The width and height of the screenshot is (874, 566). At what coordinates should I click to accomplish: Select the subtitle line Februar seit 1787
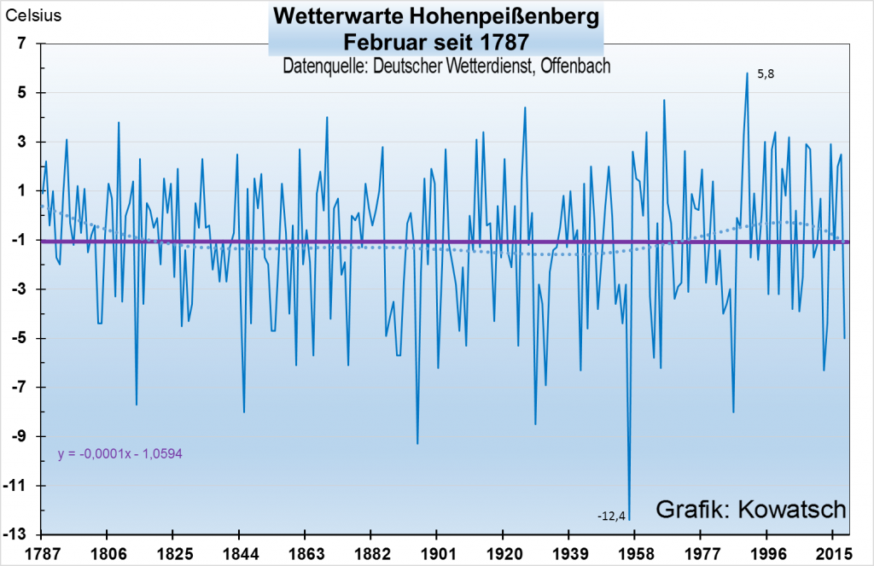coord(435,40)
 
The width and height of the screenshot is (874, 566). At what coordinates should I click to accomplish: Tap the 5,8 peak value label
coord(766,74)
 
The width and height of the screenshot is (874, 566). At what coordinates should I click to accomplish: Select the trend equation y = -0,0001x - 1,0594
coord(120,454)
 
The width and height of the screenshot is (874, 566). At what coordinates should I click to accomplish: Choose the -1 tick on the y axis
coord(21,241)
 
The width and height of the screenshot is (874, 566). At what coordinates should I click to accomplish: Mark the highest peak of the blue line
coord(747,73)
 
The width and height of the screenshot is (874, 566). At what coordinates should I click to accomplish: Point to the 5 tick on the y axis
coord(24,93)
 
